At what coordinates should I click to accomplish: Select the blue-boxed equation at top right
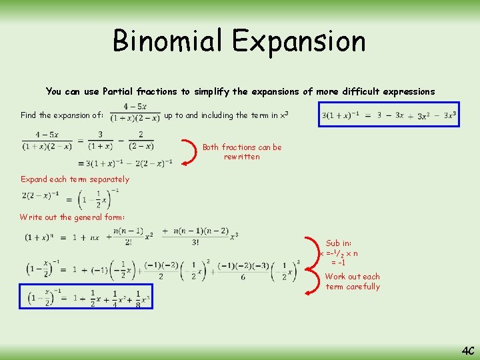(389, 115)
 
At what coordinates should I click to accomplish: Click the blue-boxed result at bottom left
(86, 298)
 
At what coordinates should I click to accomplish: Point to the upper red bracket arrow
(192, 151)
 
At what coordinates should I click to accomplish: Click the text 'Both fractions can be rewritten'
(242, 152)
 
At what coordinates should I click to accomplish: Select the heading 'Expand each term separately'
(75, 179)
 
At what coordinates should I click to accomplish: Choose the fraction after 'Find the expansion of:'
(135, 113)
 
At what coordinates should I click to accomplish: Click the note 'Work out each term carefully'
(353, 281)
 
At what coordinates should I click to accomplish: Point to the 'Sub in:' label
(338, 243)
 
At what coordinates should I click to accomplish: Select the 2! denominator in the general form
(128, 243)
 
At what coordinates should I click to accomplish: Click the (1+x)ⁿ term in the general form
(39, 237)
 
